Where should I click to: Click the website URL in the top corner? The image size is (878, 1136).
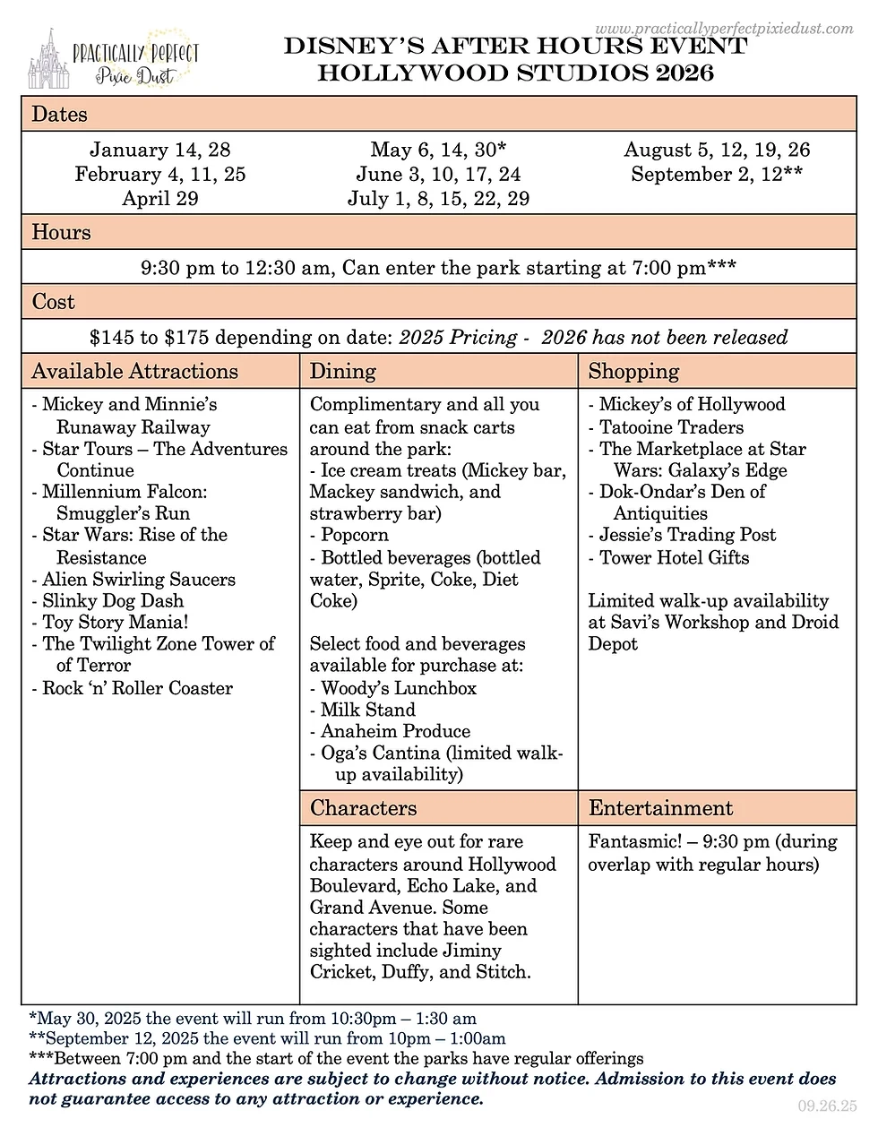(x=724, y=29)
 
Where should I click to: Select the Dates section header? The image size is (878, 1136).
(x=60, y=114)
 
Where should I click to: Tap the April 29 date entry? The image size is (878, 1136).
(x=160, y=198)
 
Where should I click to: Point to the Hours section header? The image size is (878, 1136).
(x=61, y=232)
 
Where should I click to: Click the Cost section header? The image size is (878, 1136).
(x=54, y=302)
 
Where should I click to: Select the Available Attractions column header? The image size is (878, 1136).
(x=135, y=371)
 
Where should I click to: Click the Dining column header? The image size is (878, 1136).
(x=343, y=371)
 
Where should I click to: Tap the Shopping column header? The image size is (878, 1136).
(x=633, y=371)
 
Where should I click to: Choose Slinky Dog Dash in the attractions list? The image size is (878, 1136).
(x=113, y=600)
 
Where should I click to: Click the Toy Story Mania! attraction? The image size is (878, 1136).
(x=116, y=622)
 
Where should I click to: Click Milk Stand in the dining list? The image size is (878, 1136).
(x=368, y=710)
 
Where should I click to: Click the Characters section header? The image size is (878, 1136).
(x=364, y=808)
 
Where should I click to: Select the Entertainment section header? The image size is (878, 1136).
(x=660, y=808)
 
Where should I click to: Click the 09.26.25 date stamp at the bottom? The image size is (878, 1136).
(x=825, y=1106)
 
